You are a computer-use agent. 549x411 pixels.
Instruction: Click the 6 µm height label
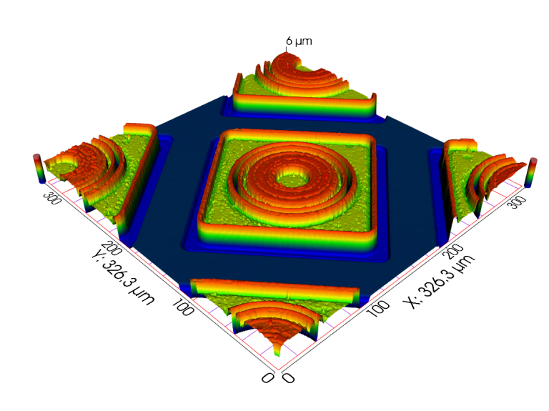299,41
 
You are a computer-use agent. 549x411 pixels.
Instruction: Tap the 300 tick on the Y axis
52,198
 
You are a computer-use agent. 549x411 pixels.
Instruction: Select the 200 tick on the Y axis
112,248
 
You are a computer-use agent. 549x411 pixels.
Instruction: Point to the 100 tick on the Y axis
183,307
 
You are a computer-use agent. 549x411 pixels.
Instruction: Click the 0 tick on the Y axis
267,377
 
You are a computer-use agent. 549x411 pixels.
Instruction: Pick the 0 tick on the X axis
289,377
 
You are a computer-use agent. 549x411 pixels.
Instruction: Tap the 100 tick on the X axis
377,308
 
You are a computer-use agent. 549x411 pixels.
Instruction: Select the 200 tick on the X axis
455,251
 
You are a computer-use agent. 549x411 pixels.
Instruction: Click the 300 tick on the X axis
518,202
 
